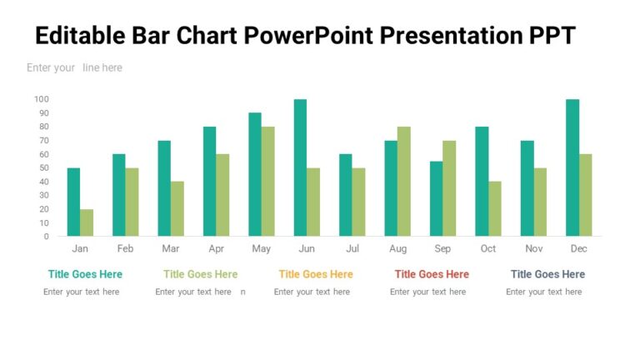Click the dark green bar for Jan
[x=73, y=202]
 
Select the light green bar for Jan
[x=87, y=222]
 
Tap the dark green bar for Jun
[x=300, y=167]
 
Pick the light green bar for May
[x=267, y=181]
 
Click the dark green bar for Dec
[x=572, y=167]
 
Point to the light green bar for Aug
[x=404, y=181]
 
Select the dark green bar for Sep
[x=436, y=198]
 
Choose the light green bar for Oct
[x=495, y=208]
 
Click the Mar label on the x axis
[x=170, y=249]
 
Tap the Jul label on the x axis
[x=352, y=249]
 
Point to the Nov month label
[x=533, y=249]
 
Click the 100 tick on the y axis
[x=42, y=99]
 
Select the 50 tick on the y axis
[x=44, y=167]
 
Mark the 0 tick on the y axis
[x=47, y=236]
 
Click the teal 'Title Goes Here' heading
[x=85, y=274]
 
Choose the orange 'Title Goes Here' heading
[x=316, y=274]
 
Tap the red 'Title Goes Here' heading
[x=432, y=274]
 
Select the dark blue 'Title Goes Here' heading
[x=547, y=274]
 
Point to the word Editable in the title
[x=79, y=37]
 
